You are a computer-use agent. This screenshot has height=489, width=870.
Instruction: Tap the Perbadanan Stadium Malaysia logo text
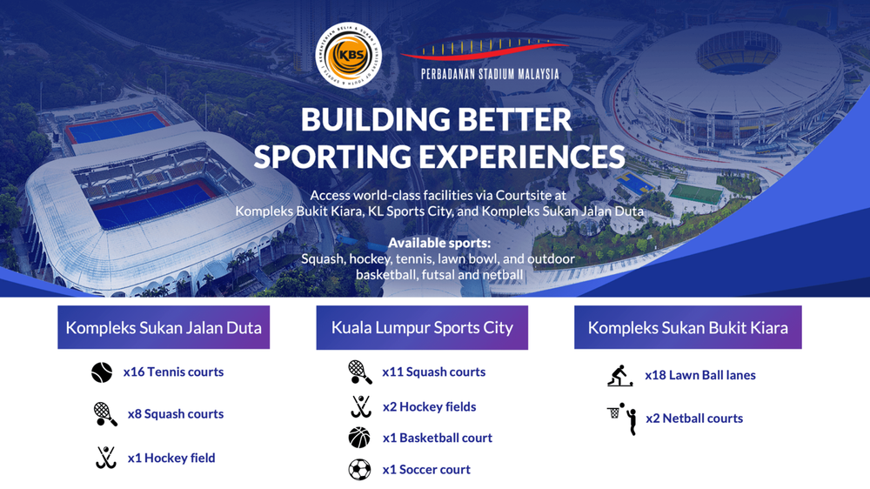(x=490, y=74)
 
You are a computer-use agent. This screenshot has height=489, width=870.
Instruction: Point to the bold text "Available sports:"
(x=439, y=243)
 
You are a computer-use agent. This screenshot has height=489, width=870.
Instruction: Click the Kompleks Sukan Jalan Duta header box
(x=164, y=328)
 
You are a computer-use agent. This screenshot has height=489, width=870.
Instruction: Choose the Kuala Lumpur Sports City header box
(x=422, y=328)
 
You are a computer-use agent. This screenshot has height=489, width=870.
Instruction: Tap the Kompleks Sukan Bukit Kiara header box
(x=687, y=328)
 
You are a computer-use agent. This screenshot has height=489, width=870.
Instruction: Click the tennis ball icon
(x=102, y=372)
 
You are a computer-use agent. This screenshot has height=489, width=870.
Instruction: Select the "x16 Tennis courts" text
(x=173, y=372)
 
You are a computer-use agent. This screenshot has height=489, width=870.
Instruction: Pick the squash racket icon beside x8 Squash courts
(x=105, y=414)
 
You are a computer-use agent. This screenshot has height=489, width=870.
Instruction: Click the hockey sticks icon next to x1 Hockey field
(x=105, y=458)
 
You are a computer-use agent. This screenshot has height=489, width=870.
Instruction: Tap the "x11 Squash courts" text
(x=433, y=372)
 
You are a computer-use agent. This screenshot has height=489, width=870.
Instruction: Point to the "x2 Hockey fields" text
(x=429, y=406)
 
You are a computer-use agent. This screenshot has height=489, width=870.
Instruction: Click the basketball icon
(x=359, y=438)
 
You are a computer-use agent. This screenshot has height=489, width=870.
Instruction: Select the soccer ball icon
(x=359, y=470)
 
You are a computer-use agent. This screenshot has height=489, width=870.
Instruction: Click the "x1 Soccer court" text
(x=426, y=469)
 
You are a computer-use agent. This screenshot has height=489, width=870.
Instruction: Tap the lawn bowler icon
(x=619, y=376)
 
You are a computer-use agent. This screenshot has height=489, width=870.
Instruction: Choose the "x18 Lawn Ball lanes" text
(x=699, y=375)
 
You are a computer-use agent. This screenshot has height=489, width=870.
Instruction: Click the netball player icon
(x=623, y=419)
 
